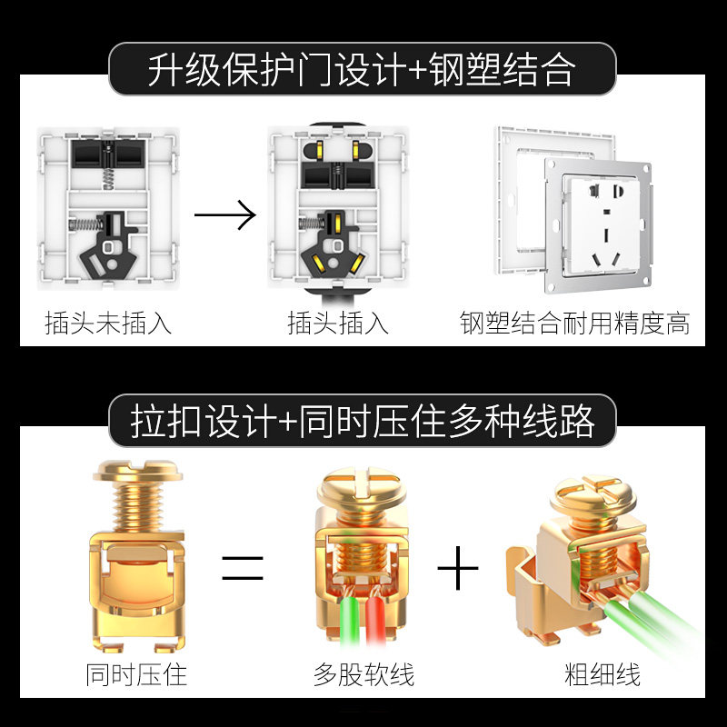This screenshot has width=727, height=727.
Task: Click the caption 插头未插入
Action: [x=108, y=323]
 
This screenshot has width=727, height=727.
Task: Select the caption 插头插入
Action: [x=337, y=323]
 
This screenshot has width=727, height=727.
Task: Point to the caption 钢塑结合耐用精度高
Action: [x=574, y=323]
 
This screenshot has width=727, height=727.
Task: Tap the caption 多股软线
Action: [x=363, y=675]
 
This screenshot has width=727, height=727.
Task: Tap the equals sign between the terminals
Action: [x=243, y=571]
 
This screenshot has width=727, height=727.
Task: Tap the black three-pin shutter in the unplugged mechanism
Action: [x=109, y=240]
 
